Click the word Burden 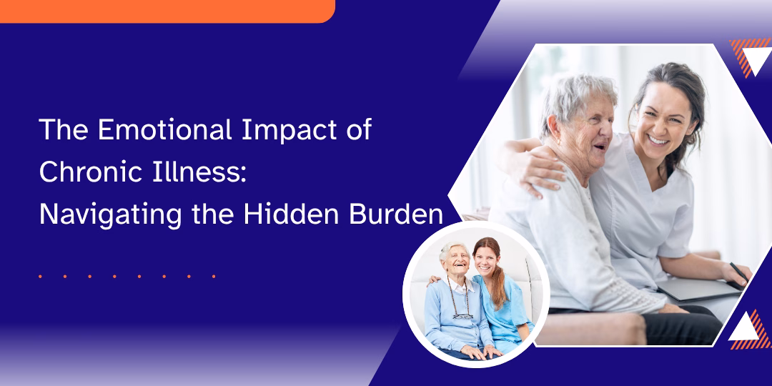click(x=388, y=215)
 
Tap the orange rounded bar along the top click(x=167, y=11)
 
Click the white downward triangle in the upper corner click(x=756, y=58)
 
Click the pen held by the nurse click(x=739, y=273)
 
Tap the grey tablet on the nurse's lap click(x=698, y=291)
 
